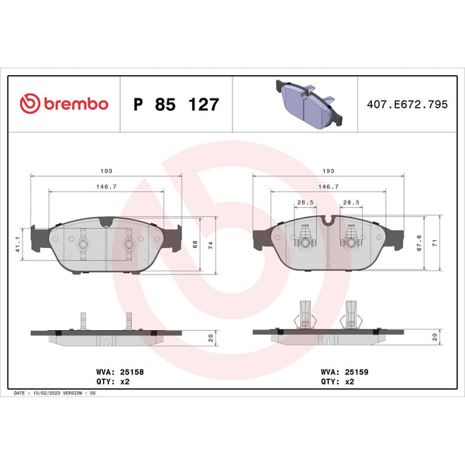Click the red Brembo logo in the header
pyautogui.click(x=64, y=104)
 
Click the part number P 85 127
pyautogui.click(x=176, y=105)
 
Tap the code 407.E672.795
pyautogui.click(x=407, y=105)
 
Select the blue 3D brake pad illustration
pyautogui.click(x=309, y=104)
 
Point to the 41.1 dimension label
pyautogui.click(x=18, y=245)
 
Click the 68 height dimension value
pyautogui.click(x=195, y=244)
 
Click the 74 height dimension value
pyautogui.click(x=211, y=245)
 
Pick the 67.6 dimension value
pyautogui.click(x=419, y=243)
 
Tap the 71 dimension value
pyautogui.click(x=435, y=243)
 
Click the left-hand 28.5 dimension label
pyautogui.click(x=305, y=202)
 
